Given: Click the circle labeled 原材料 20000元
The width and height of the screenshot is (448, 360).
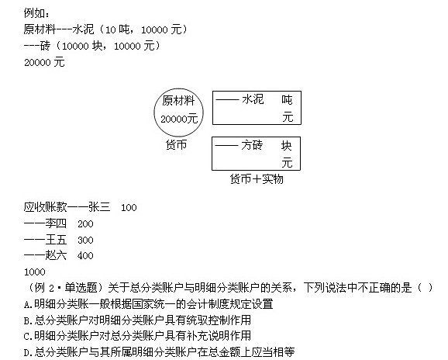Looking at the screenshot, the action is click(154, 112).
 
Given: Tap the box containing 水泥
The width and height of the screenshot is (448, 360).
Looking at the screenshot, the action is click(213, 108).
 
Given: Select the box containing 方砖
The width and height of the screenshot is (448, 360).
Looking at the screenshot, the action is click(212, 154).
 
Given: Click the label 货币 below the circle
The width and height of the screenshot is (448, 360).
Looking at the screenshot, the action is click(176, 144).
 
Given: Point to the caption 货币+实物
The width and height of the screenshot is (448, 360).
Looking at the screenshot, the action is click(257, 179).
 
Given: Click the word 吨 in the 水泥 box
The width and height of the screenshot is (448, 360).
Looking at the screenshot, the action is click(287, 100).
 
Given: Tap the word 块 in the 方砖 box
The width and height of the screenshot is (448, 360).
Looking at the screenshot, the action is click(286, 146).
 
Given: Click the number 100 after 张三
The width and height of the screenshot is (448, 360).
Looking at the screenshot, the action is click(129, 208).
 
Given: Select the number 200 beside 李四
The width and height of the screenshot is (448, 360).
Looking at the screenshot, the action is click(85, 224).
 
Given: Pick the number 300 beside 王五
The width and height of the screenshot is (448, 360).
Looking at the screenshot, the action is click(85, 241).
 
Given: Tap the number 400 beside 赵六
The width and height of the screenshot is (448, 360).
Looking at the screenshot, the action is click(85, 255).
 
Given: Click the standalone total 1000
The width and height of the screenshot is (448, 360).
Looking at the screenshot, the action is click(35, 272).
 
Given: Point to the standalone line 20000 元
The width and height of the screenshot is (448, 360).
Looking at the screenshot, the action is click(44, 62).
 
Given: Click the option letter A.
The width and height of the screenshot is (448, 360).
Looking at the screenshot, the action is click(27, 305).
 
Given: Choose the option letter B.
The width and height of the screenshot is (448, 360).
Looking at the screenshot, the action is click(27, 321).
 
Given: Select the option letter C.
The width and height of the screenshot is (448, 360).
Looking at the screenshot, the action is click(27, 337).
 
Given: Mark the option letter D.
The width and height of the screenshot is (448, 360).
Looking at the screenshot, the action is click(27, 352).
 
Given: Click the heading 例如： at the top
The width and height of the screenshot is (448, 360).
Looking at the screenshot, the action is click(36, 13).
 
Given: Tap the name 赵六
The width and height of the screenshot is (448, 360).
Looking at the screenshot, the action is click(56, 255).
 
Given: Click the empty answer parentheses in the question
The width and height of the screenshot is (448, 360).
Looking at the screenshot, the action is click(426, 288).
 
